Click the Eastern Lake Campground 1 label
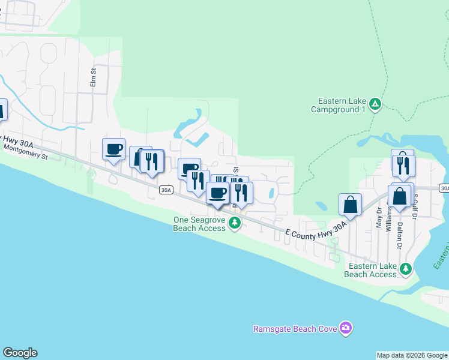point(338,106)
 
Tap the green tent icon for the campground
point(375,104)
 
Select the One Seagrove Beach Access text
point(199,224)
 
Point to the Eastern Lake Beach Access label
point(370,270)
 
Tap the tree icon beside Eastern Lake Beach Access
point(406,268)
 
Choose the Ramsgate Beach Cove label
point(296,329)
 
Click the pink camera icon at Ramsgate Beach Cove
point(345,328)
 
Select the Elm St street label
point(93,77)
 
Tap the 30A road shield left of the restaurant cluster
point(166,190)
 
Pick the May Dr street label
point(379,217)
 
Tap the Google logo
point(20,353)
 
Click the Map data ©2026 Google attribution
point(412,355)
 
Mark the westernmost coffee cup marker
point(113,149)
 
